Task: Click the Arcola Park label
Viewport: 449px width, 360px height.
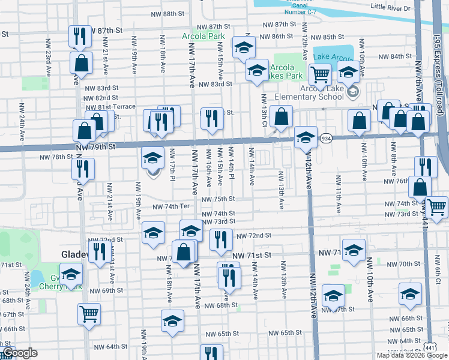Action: (x=203, y=37)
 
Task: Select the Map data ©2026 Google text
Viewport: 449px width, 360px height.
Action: (x=412, y=355)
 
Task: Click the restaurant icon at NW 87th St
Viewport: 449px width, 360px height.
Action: (x=80, y=37)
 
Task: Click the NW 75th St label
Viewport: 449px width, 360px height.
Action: (x=218, y=199)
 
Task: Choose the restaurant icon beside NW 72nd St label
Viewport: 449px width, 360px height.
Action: (x=221, y=239)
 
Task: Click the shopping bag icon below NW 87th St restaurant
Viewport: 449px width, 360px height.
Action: (x=80, y=62)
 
